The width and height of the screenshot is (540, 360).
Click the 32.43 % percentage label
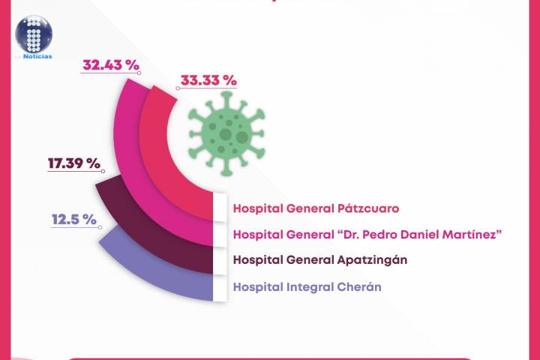point(111,65)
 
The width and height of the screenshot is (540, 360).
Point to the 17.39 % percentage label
point(73,163)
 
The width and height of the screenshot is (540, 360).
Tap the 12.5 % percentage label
point(73,220)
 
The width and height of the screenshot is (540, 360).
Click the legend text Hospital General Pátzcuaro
point(316,208)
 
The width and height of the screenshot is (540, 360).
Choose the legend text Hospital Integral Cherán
point(307,286)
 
